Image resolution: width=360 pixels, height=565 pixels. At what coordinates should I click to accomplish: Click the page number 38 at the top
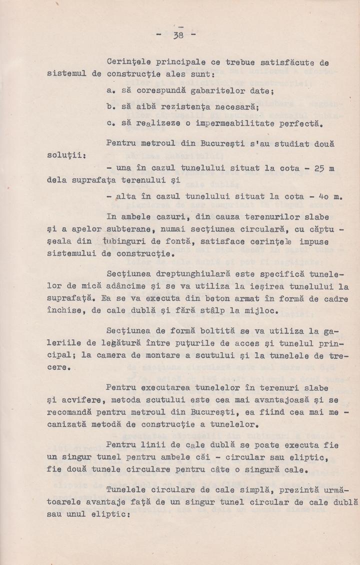coord(177,35)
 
